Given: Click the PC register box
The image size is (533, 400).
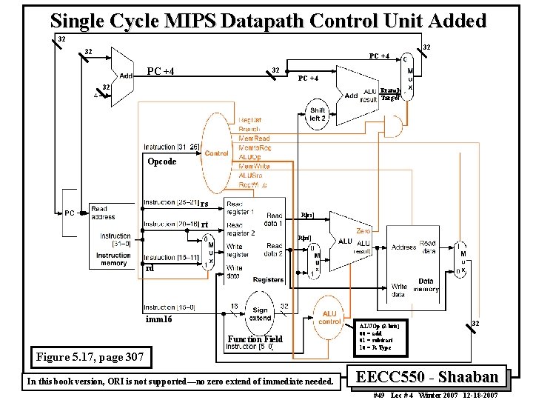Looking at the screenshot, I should pyautogui.click(x=69, y=213).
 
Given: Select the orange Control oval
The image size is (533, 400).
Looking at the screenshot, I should pyautogui.click(x=217, y=153).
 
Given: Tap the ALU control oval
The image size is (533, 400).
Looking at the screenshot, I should pyautogui.click(x=330, y=318).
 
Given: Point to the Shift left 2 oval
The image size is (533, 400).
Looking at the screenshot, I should pyautogui.click(x=318, y=115).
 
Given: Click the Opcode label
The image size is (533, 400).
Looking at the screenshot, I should pyautogui.click(x=162, y=161).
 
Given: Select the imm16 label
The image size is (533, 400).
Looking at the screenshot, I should pyautogui.click(x=158, y=319).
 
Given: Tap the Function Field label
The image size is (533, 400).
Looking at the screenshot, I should pyautogui.click(x=255, y=339).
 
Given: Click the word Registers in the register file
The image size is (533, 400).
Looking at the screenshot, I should pyautogui.click(x=268, y=280).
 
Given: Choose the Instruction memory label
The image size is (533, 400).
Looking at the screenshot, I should pyautogui.click(x=113, y=259).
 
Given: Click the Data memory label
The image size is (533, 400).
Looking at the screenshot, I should pyautogui.click(x=426, y=285).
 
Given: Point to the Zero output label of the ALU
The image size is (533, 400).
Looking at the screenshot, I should pyautogui.click(x=363, y=232).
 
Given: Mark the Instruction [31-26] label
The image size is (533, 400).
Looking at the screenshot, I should pyautogui.click(x=170, y=147).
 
